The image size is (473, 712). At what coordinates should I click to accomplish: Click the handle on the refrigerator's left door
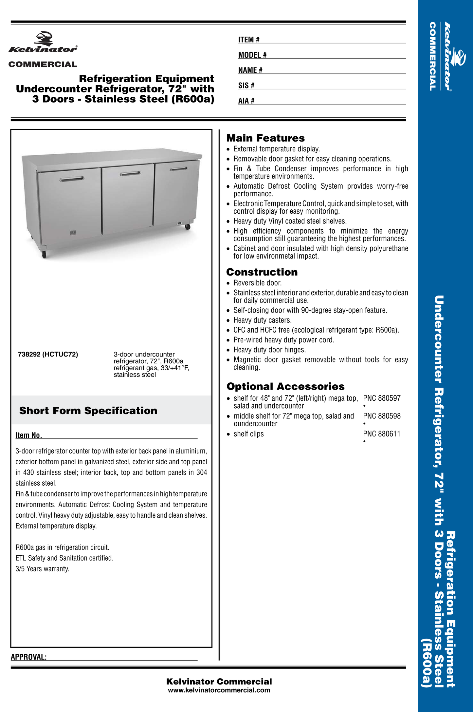tap(72, 179)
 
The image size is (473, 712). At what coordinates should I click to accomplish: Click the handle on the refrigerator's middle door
tap(130, 173)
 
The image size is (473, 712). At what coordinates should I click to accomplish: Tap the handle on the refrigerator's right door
tap(178, 169)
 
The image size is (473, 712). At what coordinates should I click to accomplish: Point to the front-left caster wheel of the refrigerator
tap(44, 255)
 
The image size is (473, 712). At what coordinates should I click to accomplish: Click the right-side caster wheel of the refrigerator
tap(188, 227)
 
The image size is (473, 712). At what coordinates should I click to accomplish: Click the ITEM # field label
tap(249, 40)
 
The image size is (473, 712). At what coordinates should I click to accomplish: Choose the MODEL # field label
tap(252, 55)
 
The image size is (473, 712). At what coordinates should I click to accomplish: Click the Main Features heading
tap(265, 138)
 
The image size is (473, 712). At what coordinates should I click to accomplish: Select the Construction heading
tap(262, 272)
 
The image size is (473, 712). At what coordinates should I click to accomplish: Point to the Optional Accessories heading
tap(285, 387)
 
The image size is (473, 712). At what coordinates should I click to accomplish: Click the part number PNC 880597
tap(382, 398)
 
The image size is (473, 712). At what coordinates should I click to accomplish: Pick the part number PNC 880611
tap(382, 434)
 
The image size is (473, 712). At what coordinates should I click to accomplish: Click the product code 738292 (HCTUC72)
tap(48, 355)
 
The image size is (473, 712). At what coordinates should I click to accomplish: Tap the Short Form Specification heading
tap(88, 411)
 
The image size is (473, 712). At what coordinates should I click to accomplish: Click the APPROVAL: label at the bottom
tap(29, 657)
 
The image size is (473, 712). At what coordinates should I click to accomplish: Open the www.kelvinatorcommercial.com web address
tap(219, 690)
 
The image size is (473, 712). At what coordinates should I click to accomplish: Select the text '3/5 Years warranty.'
tap(43, 569)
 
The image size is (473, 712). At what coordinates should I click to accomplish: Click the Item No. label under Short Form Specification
tap(29, 435)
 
